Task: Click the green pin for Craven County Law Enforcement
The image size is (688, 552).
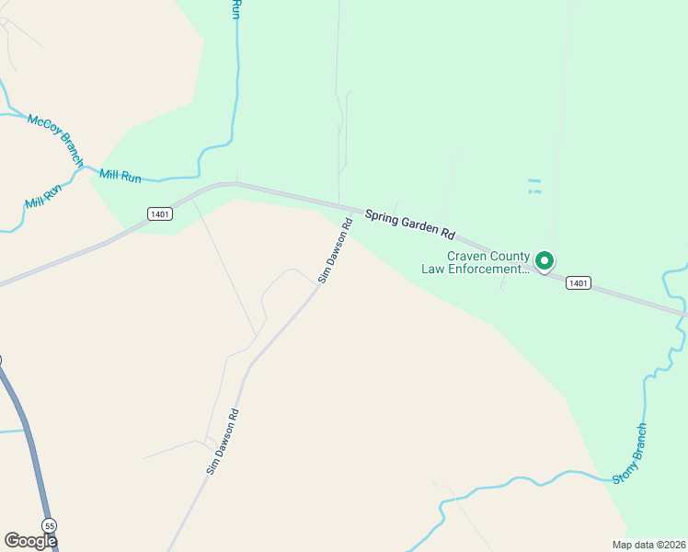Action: pos(544,261)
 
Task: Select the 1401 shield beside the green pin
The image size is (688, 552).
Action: pos(578,282)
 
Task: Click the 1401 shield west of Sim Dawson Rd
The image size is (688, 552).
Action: pos(160,213)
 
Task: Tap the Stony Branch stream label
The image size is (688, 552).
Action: pos(631,453)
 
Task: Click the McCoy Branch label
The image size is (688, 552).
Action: pos(55,140)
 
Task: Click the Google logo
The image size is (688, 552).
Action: pos(30,541)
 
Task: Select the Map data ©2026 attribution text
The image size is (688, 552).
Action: pos(649,545)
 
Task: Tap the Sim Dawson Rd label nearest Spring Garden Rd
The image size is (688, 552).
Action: pos(336,250)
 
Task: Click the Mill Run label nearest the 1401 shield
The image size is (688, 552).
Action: pos(120,175)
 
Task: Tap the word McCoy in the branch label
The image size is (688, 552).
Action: pos(42,126)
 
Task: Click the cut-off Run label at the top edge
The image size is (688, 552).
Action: pos(236,9)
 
